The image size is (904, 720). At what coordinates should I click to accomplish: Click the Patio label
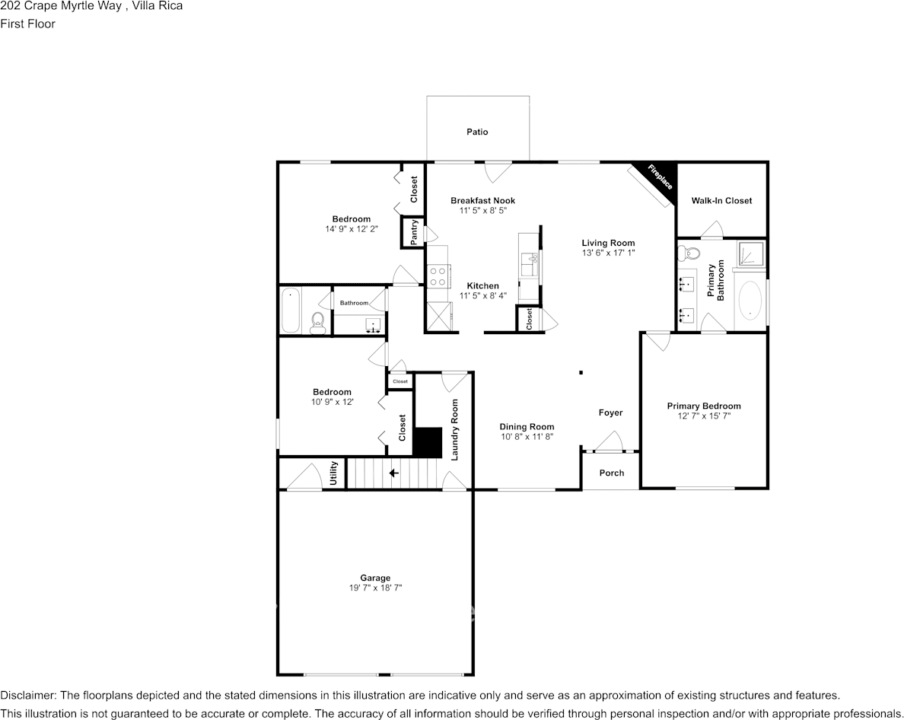click(477, 132)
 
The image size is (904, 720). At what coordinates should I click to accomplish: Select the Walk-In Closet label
click(721, 201)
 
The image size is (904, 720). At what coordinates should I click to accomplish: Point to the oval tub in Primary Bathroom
click(751, 301)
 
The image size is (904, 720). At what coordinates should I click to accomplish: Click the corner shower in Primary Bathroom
click(750, 255)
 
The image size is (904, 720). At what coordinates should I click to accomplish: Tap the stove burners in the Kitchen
click(438, 276)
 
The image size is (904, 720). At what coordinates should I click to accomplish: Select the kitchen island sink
click(530, 265)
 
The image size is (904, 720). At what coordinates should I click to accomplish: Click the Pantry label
click(413, 233)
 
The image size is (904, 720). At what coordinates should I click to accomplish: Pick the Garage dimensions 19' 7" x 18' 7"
click(375, 588)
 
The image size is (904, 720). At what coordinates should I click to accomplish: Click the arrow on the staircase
click(394, 473)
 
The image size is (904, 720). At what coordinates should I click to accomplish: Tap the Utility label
click(333, 473)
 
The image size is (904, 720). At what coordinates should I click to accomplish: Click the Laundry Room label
click(454, 429)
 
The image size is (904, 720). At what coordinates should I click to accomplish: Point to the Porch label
click(611, 473)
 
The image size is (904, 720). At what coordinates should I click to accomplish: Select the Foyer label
click(610, 413)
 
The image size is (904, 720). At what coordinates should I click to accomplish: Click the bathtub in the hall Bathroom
click(291, 310)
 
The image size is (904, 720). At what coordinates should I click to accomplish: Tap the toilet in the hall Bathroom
click(318, 322)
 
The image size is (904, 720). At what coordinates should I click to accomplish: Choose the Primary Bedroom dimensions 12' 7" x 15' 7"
click(703, 416)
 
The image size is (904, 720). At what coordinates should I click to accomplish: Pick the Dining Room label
click(527, 427)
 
